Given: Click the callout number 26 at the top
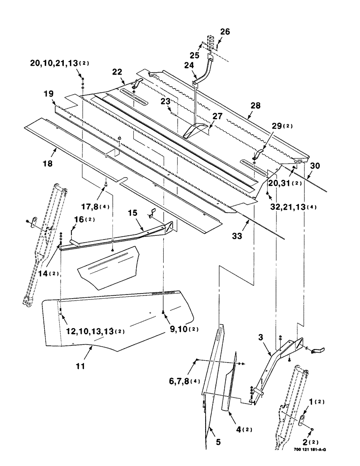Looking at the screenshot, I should pos(225,32).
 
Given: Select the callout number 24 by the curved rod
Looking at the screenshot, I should pos(189,66).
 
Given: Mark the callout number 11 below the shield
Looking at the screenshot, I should pos(80,366).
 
